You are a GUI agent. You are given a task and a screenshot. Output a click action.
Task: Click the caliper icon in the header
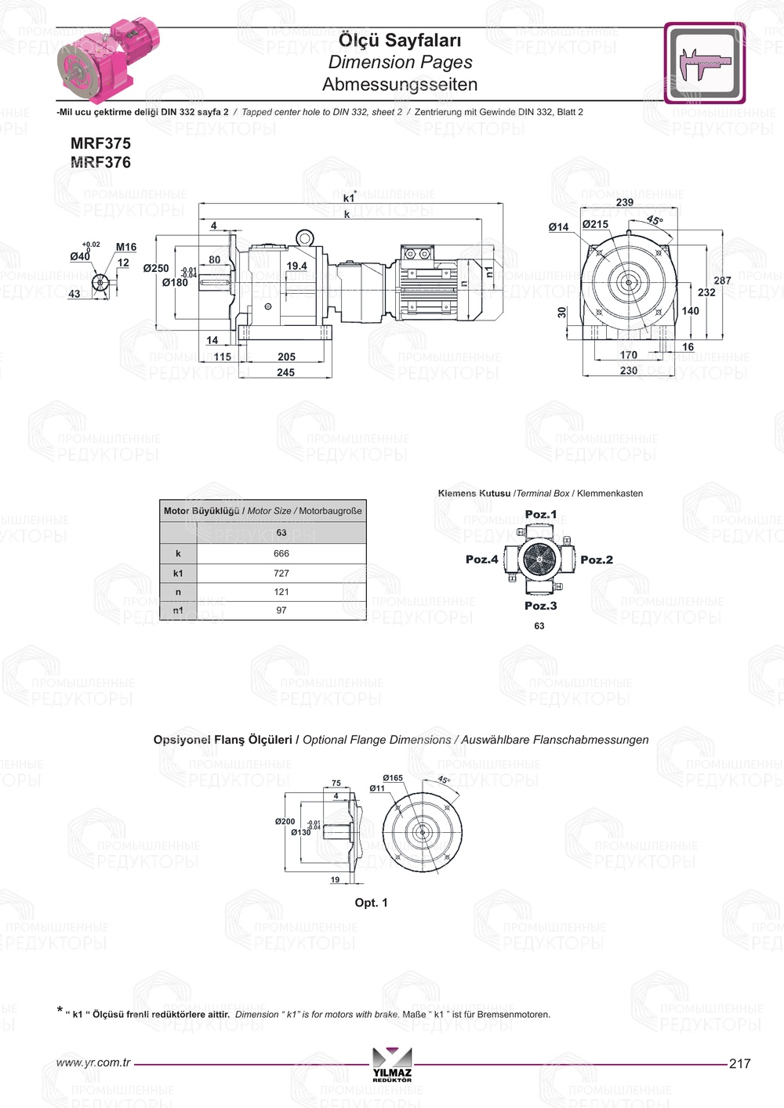(704, 63)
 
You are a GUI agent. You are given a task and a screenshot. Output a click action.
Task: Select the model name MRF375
(100, 143)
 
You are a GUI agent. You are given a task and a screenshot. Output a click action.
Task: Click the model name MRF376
(100, 162)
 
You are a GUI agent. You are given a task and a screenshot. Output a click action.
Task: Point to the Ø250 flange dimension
(156, 268)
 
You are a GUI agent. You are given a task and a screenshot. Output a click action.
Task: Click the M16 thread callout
(126, 247)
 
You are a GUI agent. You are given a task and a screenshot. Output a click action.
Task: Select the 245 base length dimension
(285, 372)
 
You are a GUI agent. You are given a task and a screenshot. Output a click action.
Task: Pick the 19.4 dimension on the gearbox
(296, 266)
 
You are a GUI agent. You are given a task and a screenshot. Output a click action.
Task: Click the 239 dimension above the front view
(625, 202)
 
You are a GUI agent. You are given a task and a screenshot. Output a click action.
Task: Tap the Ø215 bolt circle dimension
(595, 224)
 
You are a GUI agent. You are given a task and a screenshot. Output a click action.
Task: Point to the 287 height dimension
(722, 280)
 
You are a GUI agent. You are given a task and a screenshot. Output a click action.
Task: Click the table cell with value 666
(281, 553)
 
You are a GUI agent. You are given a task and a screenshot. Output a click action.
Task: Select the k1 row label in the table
(178, 573)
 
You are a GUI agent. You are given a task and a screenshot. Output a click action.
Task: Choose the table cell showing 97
(281, 610)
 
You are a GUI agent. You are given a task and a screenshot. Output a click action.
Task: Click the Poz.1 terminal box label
(541, 515)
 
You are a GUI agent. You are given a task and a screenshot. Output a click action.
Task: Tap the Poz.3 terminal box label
(541, 606)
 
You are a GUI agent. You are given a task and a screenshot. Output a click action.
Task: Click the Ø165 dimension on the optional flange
(393, 778)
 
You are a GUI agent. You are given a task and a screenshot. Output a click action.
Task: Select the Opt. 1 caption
(371, 903)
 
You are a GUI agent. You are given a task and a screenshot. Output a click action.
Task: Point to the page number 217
(739, 1063)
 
